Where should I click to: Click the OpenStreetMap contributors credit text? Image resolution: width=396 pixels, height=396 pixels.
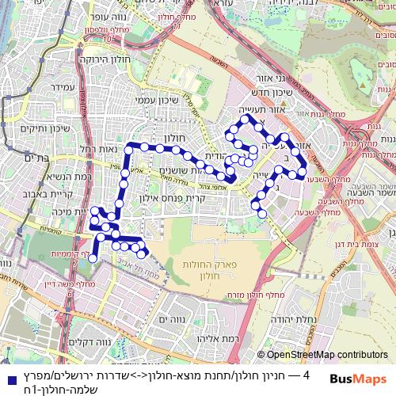point(326,356)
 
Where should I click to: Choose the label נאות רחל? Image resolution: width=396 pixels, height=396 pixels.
point(98,150)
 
